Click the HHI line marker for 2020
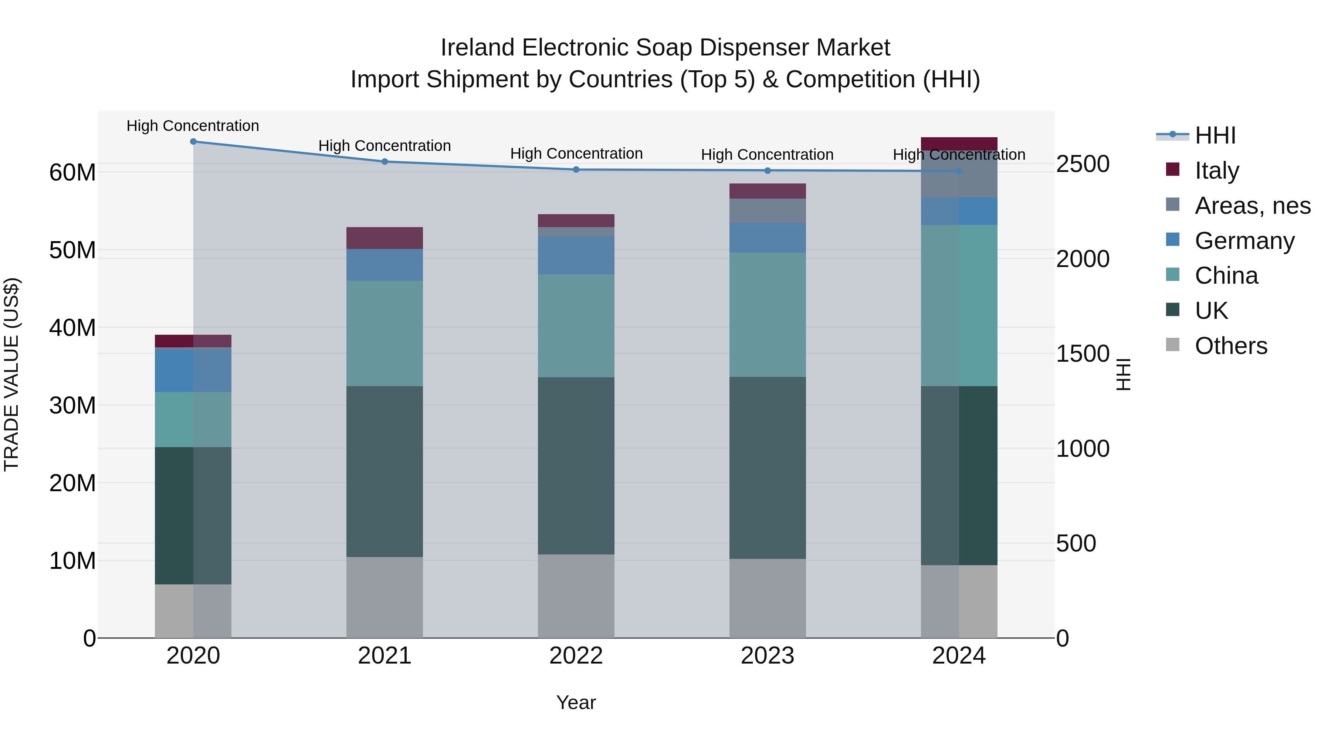193,142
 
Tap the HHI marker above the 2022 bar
576,169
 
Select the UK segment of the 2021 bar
385,472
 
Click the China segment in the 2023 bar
767,314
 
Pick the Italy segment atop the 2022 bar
576,221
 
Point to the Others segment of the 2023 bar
767,598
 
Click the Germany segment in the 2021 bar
385,265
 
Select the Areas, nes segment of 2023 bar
767,211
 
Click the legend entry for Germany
1244,241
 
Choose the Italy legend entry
1216,171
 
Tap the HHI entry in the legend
1214,135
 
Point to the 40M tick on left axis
72,328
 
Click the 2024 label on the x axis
958,656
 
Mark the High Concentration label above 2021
385,146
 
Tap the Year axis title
576,702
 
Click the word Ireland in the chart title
477,48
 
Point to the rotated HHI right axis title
1123,374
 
